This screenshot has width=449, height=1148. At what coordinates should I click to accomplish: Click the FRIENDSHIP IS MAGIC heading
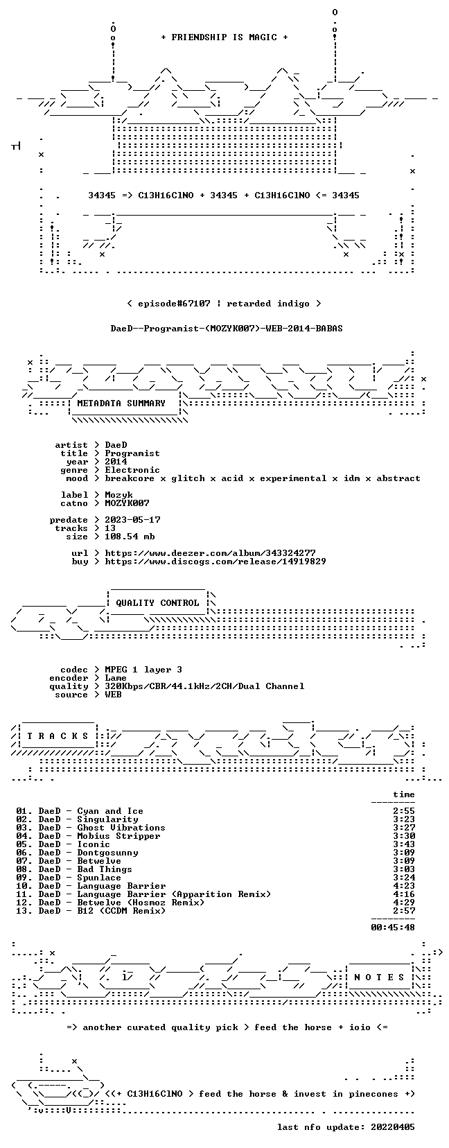pos(224,37)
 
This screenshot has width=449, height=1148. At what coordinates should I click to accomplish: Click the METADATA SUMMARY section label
pos(121,403)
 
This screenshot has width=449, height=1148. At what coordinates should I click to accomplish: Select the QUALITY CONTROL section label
pos(157,603)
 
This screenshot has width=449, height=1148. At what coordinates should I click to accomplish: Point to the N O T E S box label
pos(380,977)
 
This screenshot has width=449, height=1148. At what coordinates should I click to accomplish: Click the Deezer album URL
pos(211,553)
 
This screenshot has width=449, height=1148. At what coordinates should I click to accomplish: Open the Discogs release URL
pos(215,562)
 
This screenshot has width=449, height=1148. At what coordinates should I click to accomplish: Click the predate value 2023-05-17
pos(132,520)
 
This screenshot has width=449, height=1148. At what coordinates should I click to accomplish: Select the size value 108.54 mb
pos(130,537)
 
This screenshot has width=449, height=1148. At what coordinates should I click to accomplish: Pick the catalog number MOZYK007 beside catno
pos(127,503)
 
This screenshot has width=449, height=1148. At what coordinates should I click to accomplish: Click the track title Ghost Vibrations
pos(121,828)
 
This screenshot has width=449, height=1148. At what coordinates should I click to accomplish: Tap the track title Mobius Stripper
pos(118,836)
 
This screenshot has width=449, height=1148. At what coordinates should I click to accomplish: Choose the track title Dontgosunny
pos(107,853)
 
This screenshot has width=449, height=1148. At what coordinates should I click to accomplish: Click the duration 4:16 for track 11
pos(404,894)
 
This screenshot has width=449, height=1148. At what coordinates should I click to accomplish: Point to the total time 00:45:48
pos(393,927)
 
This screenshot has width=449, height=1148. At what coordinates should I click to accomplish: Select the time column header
pos(404,794)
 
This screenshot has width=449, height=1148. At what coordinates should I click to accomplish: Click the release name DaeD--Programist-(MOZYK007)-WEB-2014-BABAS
pos(227,328)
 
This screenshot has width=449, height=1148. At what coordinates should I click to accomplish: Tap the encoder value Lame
pos(116,678)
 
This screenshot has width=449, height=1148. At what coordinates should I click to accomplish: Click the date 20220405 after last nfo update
pos(393,1127)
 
